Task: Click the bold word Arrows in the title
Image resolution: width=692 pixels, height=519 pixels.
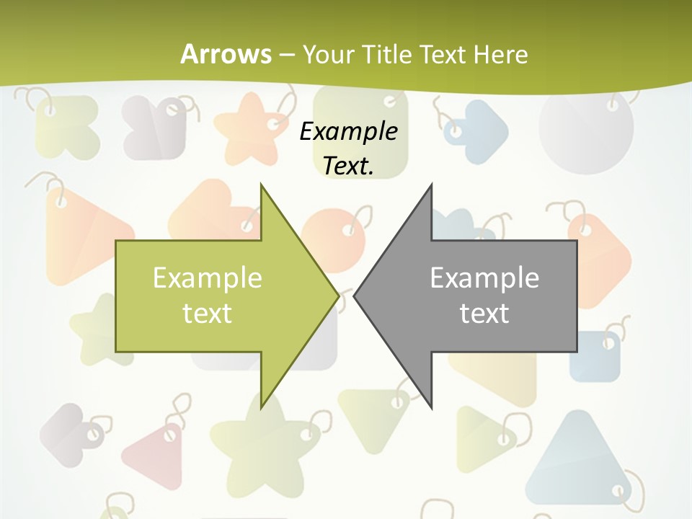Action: click(225, 54)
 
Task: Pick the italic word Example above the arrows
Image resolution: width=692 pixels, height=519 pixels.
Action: click(348, 131)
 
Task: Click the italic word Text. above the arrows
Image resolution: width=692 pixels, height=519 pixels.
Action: click(348, 166)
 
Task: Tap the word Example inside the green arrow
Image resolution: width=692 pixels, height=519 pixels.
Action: click(208, 278)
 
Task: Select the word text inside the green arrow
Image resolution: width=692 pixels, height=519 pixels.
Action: click(208, 314)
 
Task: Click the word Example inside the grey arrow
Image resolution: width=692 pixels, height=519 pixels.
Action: click(484, 278)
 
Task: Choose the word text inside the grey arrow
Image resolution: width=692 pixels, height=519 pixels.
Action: click(484, 314)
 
